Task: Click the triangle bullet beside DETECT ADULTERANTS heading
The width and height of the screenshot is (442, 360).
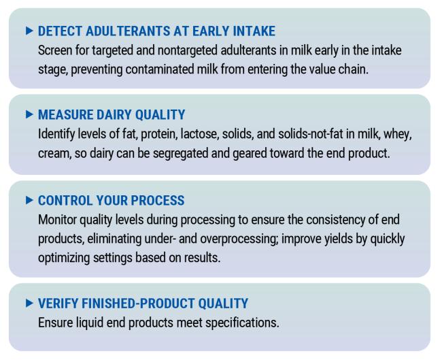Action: [29, 31]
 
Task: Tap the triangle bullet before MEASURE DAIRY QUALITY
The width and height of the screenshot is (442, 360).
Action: [29, 114]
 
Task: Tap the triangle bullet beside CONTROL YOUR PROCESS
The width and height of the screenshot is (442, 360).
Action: [29, 200]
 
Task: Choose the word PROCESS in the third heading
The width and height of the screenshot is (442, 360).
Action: [158, 201]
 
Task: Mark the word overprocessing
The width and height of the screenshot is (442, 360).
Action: [239, 240]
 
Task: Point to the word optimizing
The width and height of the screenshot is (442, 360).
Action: [64, 258]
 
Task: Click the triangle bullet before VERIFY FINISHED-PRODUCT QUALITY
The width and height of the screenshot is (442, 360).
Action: [29, 303]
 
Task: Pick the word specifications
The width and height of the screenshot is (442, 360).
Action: [242, 323]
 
